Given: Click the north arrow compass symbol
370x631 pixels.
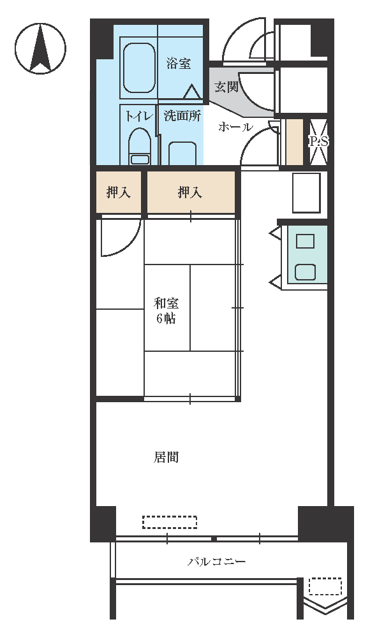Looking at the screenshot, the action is coord(40,48).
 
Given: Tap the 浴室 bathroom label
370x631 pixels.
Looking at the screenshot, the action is coord(179,63).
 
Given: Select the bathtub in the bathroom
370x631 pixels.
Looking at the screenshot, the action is coord(139,68).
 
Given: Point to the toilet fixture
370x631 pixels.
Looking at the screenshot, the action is coord(140,147).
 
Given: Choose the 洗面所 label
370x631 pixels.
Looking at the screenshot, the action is coord(182,116).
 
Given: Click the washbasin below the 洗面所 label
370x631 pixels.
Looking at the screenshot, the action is coord(182,154).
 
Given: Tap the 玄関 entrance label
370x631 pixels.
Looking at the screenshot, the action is coord(226,87).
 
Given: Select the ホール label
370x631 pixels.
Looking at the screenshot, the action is coord(236,127).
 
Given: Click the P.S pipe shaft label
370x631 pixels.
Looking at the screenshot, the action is coord(319,141).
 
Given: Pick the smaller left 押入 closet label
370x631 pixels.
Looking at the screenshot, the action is coord(119,192).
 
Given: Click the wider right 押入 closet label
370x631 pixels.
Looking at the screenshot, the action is coord(189,192).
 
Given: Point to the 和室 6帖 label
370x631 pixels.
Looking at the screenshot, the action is coord(166,310).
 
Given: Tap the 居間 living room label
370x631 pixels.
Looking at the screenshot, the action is coord(166,457).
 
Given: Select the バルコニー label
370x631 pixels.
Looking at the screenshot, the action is coord(217,561).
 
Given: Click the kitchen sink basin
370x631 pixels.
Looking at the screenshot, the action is coord(306,272).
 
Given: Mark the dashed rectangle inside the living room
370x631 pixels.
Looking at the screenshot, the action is coord(170,522).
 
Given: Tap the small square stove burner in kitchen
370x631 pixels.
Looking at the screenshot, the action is coord(305,241).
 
